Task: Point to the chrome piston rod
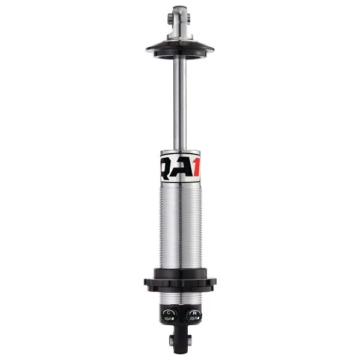point(180,102)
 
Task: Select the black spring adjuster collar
point(180,280)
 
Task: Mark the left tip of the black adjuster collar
point(146,281)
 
